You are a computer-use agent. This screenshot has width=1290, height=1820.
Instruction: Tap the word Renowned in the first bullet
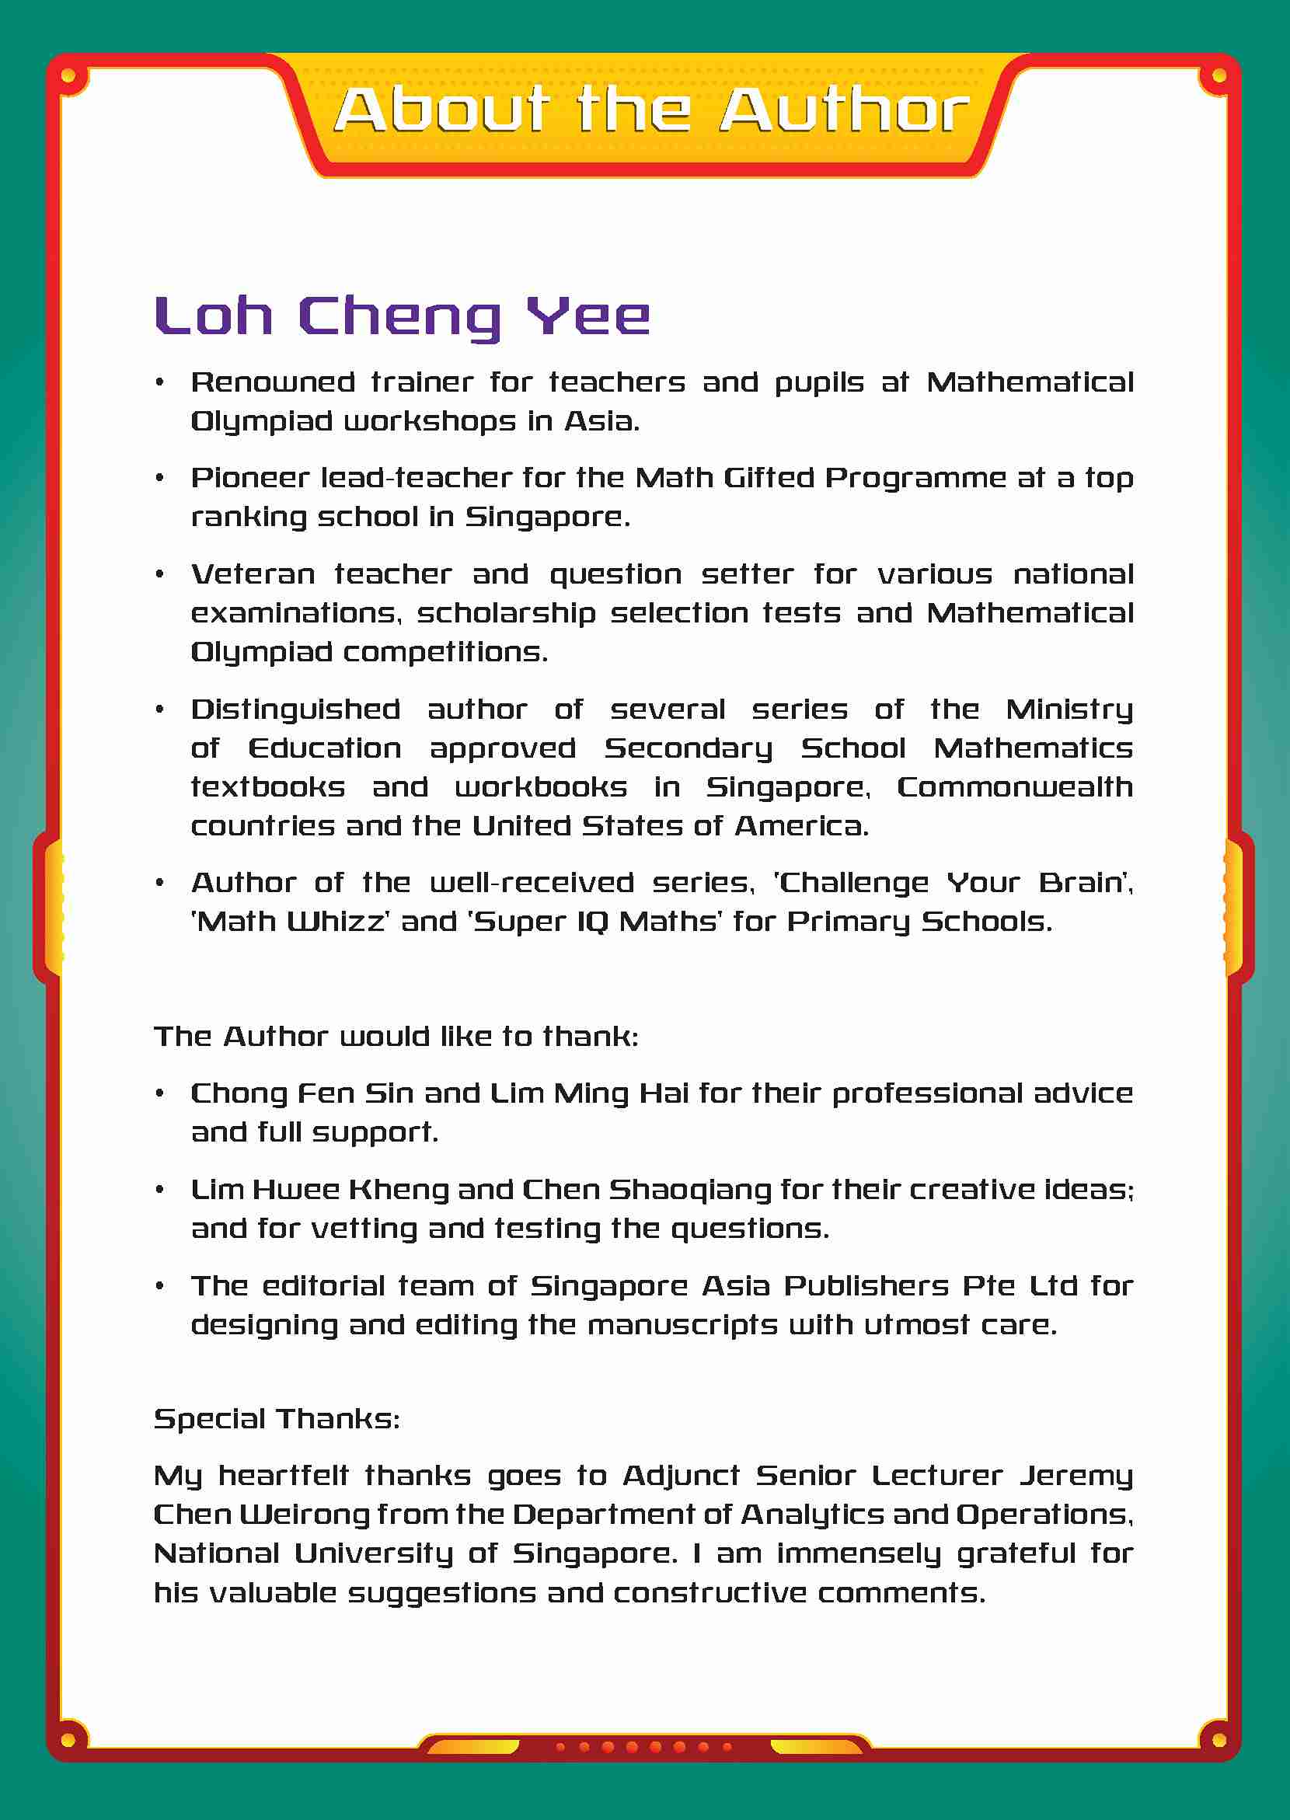[x=273, y=382]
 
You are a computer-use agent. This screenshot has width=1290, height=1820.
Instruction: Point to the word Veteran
[x=253, y=574]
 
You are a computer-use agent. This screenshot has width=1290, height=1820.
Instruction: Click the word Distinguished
[x=295, y=710]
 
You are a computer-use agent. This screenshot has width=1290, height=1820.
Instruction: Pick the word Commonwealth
[x=1014, y=787]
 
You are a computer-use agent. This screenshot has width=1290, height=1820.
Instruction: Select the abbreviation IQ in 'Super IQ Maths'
[x=587, y=922]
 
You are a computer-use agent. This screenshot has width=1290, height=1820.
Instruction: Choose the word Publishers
[x=866, y=1286]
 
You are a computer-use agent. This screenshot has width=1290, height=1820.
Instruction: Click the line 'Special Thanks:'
[x=277, y=1419]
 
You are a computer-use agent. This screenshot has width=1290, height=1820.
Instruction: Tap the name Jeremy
[x=1076, y=1476]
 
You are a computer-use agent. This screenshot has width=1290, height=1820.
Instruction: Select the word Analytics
[x=812, y=1515]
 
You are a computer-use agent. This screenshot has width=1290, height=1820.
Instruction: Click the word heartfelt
[x=283, y=1476]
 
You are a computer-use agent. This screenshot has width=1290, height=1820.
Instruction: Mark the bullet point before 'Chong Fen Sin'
[x=159, y=1094]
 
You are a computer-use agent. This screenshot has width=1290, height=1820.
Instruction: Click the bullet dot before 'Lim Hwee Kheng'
[x=159, y=1190]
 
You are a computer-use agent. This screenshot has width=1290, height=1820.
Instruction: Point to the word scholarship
[x=506, y=613]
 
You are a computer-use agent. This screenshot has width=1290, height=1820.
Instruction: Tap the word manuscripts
[x=682, y=1325]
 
